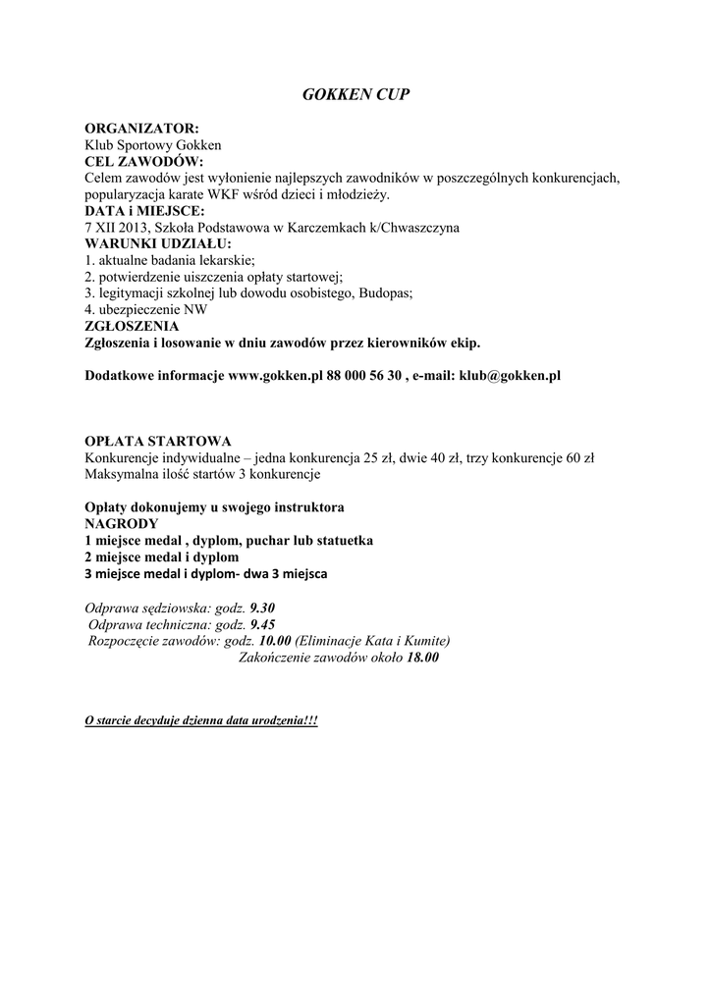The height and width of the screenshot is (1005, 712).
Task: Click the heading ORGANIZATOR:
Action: tap(141, 129)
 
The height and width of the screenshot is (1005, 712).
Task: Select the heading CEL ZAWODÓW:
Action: tap(143, 161)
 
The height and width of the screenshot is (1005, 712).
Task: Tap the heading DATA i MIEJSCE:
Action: tap(145, 211)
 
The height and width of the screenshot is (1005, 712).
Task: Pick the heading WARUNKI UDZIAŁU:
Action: tap(158, 243)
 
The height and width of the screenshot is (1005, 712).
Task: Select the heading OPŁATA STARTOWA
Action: tap(158, 442)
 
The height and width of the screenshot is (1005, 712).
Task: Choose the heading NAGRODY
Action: tap(122, 524)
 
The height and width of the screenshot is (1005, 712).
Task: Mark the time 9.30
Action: tap(263, 608)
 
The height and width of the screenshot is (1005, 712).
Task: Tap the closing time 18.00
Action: tap(422, 659)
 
